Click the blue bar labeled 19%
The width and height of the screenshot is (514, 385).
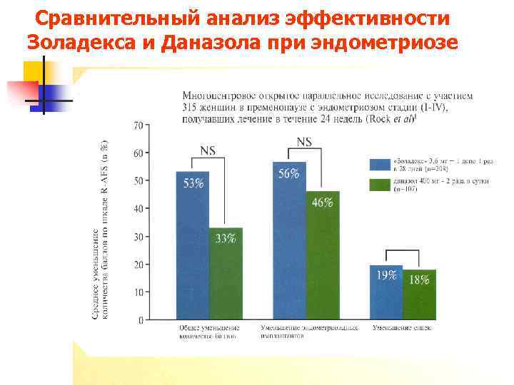[x=386, y=292]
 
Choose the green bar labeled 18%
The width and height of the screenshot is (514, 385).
[x=419, y=294]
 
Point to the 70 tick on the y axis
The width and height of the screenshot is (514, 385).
[x=138, y=125]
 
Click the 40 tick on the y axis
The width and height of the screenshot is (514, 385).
[x=138, y=209]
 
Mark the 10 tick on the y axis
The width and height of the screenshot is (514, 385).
[x=138, y=292]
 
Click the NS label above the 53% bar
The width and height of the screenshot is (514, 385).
[x=208, y=150]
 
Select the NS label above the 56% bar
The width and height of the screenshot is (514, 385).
[x=304, y=142]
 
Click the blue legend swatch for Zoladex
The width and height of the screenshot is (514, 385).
[x=380, y=164]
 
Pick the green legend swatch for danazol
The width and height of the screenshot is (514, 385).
[x=380, y=185]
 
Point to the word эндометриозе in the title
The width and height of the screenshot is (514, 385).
[x=396, y=41]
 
